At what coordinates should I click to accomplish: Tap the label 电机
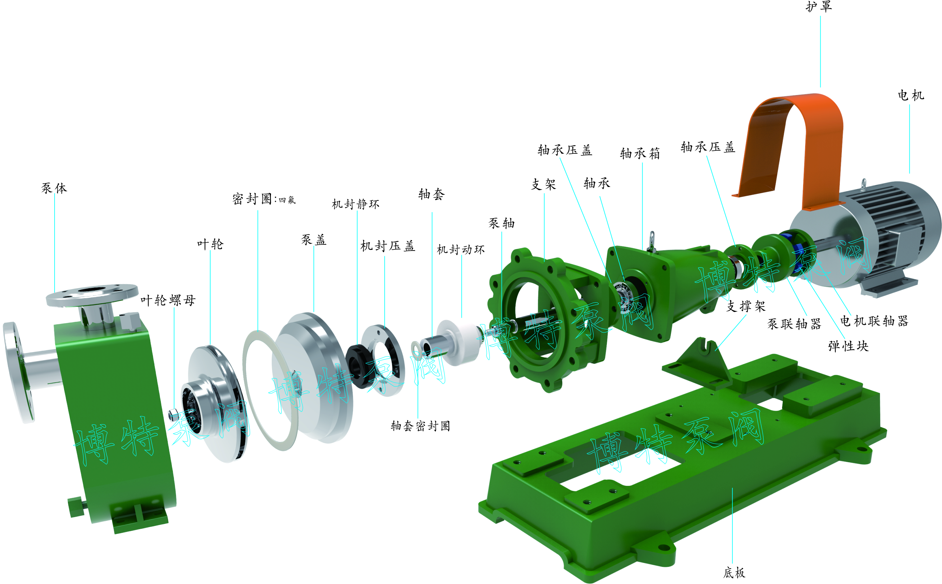(x=911, y=95)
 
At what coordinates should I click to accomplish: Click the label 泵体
(x=54, y=188)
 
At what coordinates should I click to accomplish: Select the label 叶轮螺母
(x=168, y=300)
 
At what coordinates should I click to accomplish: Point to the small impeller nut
(x=173, y=415)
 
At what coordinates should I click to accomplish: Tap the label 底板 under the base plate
(x=734, y=572)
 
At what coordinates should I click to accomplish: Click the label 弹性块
(x=848, y=346)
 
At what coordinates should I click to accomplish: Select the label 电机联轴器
(x=874, y=320)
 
